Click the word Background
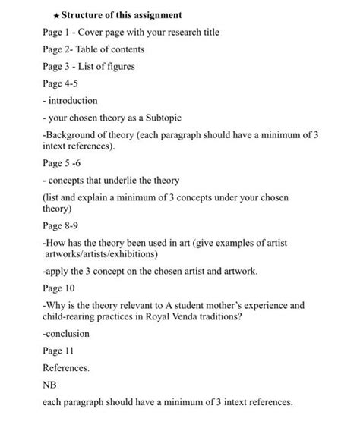pos(74,134)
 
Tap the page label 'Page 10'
pos(58,287)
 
